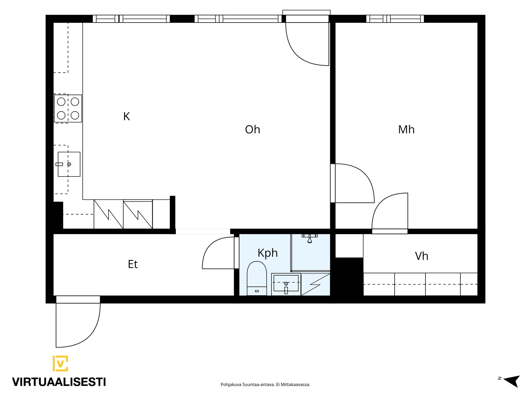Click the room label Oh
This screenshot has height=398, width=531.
pyautogui.click(x=252, y=130)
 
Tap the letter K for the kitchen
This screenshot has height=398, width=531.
pyautogui.click(x=126, y=116)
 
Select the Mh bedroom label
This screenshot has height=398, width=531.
pyautogui.click(x=406, y=130)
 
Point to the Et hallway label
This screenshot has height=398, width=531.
pyautogui.click(x=132, y=264)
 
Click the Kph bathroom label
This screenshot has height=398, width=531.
pyautogui.click(x=267, y=253)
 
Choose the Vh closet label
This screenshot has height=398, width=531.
pyautogui.click(x=421, y=256)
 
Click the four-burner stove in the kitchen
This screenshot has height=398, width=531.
pyautogui.click(x=68, y=108)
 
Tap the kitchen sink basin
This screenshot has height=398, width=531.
pyautogui.click(x=69, y=164)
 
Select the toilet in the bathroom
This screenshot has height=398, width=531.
pyautogui.click(x=257, y=278)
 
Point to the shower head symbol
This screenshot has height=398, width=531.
pyautogui.click(x=310, y=238)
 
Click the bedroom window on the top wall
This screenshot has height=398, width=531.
pyautogui.click(x=395, y=19)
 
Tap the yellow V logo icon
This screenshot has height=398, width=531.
pyautogui.click(x=60, y=363)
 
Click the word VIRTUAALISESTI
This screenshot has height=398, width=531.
pyautogui.click(x=59, y=382)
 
